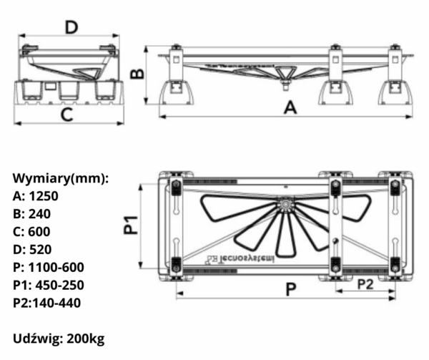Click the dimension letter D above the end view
click(71, 27)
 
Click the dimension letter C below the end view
click(66, 115)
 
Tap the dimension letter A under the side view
click(290, 107)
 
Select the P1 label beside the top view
click(130, 226)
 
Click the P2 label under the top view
click(365, 284)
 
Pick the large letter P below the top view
click(290, 290)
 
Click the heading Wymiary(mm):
click(61, 177)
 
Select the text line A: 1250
click(35, 195)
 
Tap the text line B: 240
click(32, 213)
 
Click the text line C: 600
click(32, 231)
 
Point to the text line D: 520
click(32, 249)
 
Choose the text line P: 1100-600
click(49, 267)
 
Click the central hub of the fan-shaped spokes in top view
click(286, 206)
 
